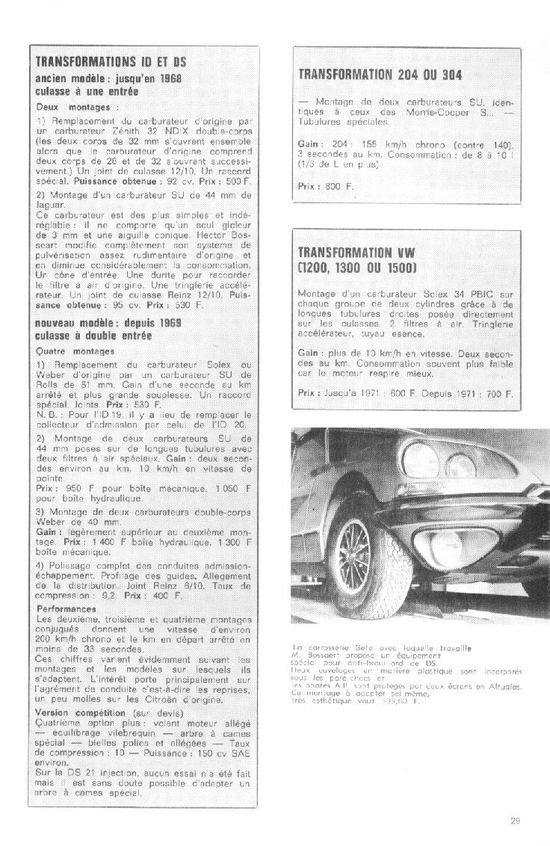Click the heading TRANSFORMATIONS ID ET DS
click(111, 61)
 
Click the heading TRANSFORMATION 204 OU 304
click(380, 75)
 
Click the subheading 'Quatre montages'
click(75, 351)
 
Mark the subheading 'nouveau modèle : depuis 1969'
click(108, 322)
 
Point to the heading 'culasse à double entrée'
click(93, 336)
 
